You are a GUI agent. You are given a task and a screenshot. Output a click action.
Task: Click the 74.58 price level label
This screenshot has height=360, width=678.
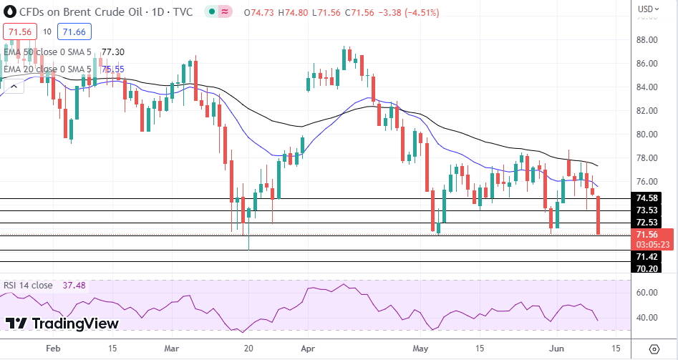pos(646,198)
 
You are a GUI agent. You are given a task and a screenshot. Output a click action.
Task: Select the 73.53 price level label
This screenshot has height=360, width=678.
pos(646,210)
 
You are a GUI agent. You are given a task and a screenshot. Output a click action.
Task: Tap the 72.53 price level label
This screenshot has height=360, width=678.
pos(646,222)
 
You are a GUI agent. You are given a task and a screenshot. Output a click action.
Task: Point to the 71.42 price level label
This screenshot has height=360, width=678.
pos(646,256)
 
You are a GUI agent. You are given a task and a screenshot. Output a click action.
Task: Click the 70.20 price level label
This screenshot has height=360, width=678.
pos(646,268)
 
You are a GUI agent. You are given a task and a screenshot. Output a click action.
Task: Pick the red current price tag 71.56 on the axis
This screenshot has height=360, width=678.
pos(646,234)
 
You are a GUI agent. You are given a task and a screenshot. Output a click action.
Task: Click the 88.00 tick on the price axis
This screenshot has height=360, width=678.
pos(646,40)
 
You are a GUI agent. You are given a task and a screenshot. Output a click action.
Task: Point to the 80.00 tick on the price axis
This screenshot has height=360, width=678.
pos(646,135)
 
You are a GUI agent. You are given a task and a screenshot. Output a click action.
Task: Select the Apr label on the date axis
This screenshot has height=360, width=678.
pos(309,349)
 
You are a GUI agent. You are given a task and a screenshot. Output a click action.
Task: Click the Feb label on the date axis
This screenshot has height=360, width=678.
pos(52,349)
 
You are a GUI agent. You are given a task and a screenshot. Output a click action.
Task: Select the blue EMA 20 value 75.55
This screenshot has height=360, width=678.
pos(113,69)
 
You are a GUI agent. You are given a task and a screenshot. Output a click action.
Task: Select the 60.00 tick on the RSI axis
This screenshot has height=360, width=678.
pos(646,293)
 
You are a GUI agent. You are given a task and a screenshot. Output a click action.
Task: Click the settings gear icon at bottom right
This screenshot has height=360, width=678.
pos(654,349)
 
